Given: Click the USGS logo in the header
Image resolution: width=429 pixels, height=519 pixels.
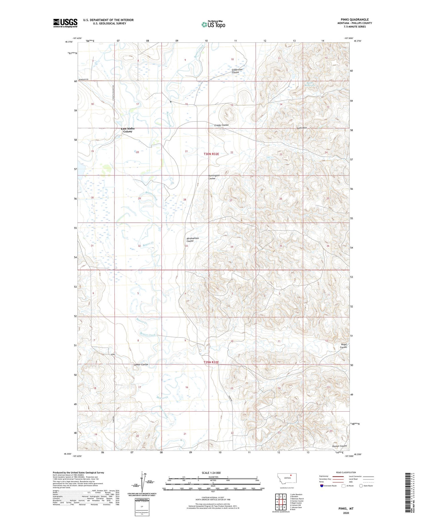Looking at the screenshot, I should pos(65,23).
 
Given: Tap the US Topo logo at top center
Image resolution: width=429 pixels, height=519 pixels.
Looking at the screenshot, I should pos(213,25).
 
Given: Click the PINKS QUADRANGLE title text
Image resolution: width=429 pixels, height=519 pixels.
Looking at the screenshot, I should pos(353,19).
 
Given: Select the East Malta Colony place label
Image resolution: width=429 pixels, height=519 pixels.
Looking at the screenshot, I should pos(128,130).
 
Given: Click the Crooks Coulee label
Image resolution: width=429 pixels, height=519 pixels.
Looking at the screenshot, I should pos(221,125).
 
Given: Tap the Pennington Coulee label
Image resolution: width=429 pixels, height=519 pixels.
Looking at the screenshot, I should pos(214,177).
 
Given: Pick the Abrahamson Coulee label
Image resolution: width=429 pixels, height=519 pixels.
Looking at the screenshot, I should pos(192,239).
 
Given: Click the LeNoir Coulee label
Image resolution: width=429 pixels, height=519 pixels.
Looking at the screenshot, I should pos(141,364).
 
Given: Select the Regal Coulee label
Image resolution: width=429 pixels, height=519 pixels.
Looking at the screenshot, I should pos(343,346).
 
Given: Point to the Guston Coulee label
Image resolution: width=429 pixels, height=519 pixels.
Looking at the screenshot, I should pos(339,446).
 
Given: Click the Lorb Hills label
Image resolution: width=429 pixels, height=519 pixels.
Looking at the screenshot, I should pos(302,128).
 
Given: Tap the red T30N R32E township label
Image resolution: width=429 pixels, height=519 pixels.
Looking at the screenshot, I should pos(211,154).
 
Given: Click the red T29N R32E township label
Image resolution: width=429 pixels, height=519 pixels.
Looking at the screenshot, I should pos(211,362).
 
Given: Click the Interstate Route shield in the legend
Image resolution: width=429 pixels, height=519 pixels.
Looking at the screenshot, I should pos(322,486).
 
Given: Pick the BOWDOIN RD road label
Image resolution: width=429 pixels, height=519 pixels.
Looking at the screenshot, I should pos(83,79).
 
